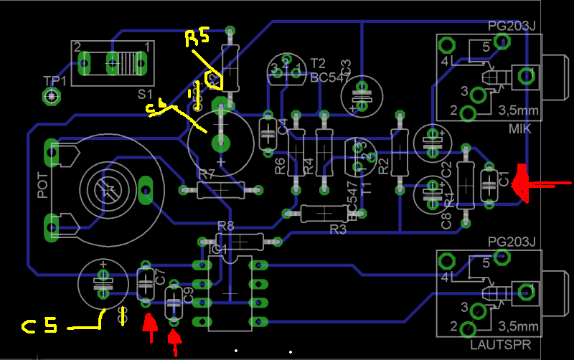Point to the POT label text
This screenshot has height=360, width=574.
[42, 185]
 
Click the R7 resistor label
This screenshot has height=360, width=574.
[207, 174]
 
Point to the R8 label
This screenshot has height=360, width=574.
[225, 226]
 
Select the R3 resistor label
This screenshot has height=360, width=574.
[338, 229]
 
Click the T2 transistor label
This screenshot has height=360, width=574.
[318, 63]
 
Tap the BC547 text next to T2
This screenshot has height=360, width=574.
[329, 77]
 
